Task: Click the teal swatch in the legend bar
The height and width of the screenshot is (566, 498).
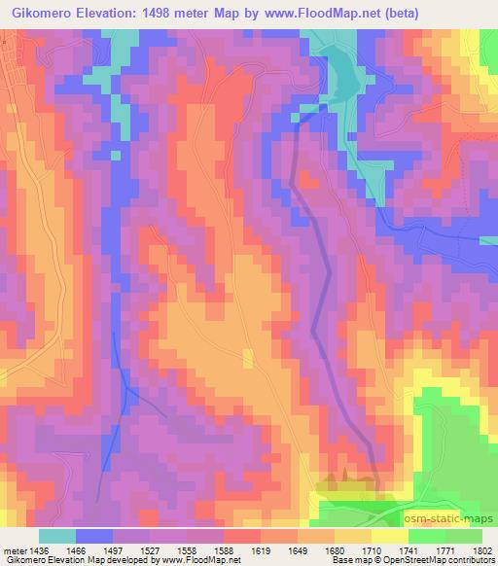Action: tap(58, 535)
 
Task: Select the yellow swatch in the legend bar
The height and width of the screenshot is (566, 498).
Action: tap(390, 535)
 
